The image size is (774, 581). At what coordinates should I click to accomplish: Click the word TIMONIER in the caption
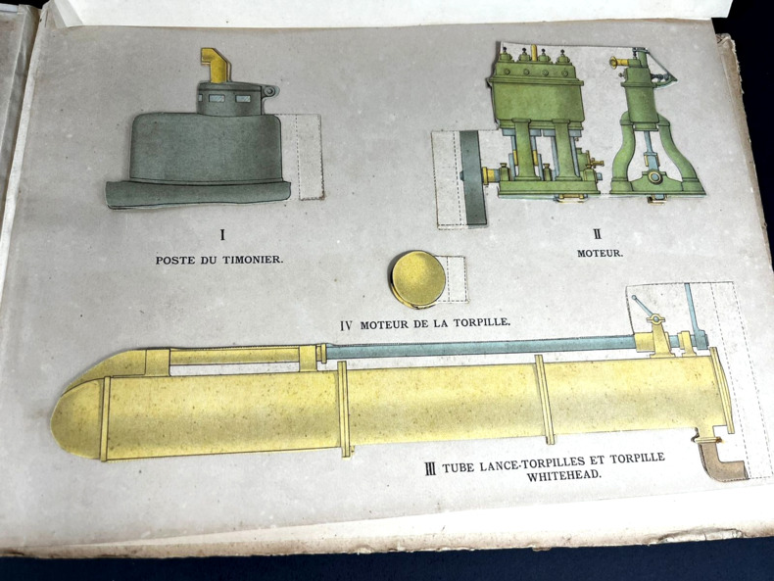click(252, 260)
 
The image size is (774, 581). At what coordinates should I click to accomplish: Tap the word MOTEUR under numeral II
click(600, 253)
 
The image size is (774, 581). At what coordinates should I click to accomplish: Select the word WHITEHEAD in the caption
click(564, 476)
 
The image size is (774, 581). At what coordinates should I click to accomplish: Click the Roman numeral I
click(222, 234)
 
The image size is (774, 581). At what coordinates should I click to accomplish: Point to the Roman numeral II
click(599, 232)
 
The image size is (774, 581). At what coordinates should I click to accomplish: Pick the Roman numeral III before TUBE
click(430, 468)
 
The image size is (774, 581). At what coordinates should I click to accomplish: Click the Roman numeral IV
click(347, 326)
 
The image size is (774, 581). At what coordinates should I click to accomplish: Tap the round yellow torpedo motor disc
click(417, 279)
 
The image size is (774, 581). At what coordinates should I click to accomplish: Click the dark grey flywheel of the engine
click(473, 178)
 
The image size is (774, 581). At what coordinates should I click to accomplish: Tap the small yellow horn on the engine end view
click(618, 62)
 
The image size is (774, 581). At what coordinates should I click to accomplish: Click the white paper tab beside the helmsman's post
click(301, 156)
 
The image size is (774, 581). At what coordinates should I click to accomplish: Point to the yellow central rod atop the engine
click(534, 52)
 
